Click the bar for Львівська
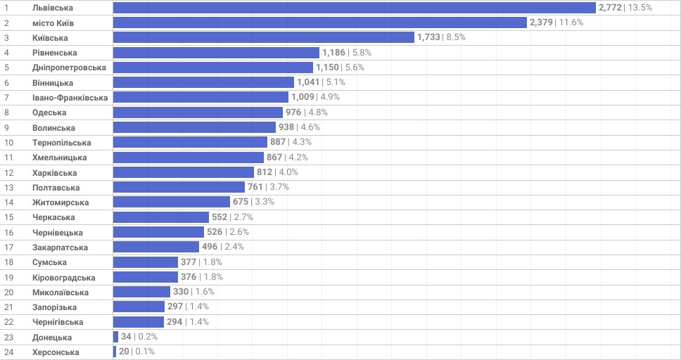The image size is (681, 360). pyautogui.click(x=355, y=8)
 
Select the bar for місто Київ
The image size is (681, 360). pyautogui.click(x=320, y=22)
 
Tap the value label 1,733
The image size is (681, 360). pyautogui.click(x=428, y=37)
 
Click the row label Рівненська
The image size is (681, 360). pyautogui.click(x=55, y=53)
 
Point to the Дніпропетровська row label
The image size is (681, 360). pyautogui.click(x=69, y=67)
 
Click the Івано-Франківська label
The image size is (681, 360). pyautogui.click(x=70, y=98)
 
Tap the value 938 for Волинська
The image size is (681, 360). pyautogui.click(x=286, y=127)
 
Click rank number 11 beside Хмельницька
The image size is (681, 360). pyautogui.click(x=8, y=157)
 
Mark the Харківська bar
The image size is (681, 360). pyautogui.click(x=183, y=172)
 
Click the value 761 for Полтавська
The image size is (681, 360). pyautogui.click(x=255, y=187)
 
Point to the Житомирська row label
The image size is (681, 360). pyautogui.click(x=61, y=202)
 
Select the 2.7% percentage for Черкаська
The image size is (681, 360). pyautogui.click(x=243, y=217)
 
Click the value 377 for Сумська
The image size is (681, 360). pyautogui.click(x=189, y=262)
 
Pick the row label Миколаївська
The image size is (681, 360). pyautogui.click(x=61, y=292)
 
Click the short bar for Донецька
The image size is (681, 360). pyautogui.click(x=115, y=337)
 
